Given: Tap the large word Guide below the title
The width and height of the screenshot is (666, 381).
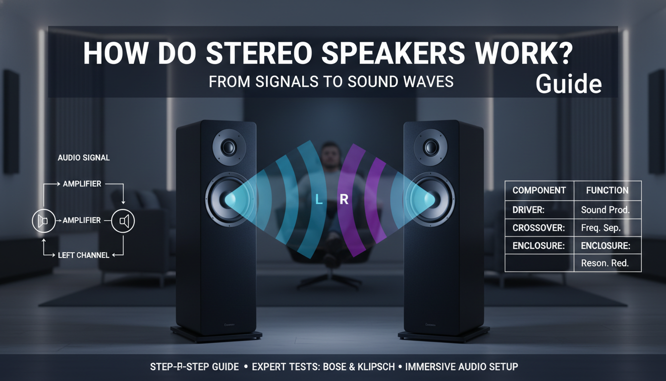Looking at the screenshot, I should (569, 85).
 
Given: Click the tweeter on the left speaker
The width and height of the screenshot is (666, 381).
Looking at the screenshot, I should (229, 147).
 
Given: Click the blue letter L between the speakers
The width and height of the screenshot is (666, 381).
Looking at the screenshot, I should (320, 200).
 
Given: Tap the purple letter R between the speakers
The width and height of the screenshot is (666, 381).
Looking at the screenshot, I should (344, 200).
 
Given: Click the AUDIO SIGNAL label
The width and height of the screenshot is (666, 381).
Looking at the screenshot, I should (84, 158).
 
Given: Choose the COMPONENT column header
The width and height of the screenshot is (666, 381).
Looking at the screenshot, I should (539, 190).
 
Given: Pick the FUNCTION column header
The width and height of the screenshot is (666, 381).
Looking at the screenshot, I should (607, 190).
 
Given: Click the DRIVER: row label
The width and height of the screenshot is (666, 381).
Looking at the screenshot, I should (528, 210).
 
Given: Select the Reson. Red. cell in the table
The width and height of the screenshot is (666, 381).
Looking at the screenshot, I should (605, 263).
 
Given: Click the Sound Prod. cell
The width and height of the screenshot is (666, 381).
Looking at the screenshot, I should (605, 210).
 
